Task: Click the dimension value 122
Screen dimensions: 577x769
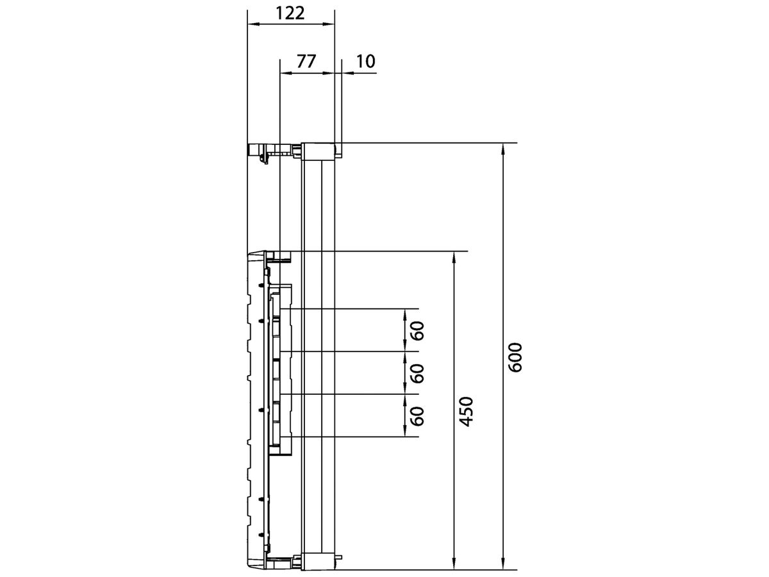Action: click(291, 13)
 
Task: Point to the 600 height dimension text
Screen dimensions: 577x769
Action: click(516, 357)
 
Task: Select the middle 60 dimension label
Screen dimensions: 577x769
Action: click(417, 373)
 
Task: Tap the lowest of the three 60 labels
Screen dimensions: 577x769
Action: click(417, 416)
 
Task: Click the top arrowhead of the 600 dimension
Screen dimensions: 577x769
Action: click(504, 147)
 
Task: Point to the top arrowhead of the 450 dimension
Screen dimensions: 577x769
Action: click(454, 255)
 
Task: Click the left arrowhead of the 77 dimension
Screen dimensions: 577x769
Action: click(285, 72)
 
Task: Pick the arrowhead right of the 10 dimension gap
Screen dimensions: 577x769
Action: click(346, 72)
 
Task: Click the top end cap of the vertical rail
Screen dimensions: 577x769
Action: click(318, 151)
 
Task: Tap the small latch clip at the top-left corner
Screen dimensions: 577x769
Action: click(261, 153)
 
